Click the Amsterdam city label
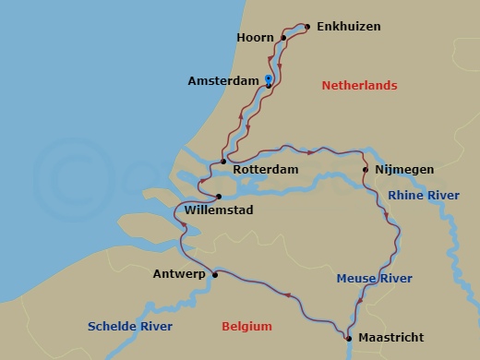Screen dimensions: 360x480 (222, 81)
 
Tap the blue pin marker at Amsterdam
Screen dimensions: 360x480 (268, 78)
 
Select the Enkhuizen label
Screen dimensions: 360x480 (349, 27)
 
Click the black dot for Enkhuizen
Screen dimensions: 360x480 (307, 26)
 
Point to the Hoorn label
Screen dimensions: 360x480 (256, 38)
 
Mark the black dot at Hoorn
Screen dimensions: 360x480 (283, 38)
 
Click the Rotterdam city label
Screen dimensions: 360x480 (265, 170)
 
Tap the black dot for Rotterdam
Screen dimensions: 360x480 (223, 162)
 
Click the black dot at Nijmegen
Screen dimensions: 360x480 (366, 170)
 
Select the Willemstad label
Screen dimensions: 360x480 (219, 210)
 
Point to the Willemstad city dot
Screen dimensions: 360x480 (219, 196)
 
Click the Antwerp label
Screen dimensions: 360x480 (179, 274)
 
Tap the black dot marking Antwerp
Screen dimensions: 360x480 (214, 274)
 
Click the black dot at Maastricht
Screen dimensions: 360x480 (349, 339)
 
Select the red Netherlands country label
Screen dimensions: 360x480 (359, 86)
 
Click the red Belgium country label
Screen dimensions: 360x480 (247, 326)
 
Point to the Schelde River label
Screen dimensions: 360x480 (129, 326)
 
